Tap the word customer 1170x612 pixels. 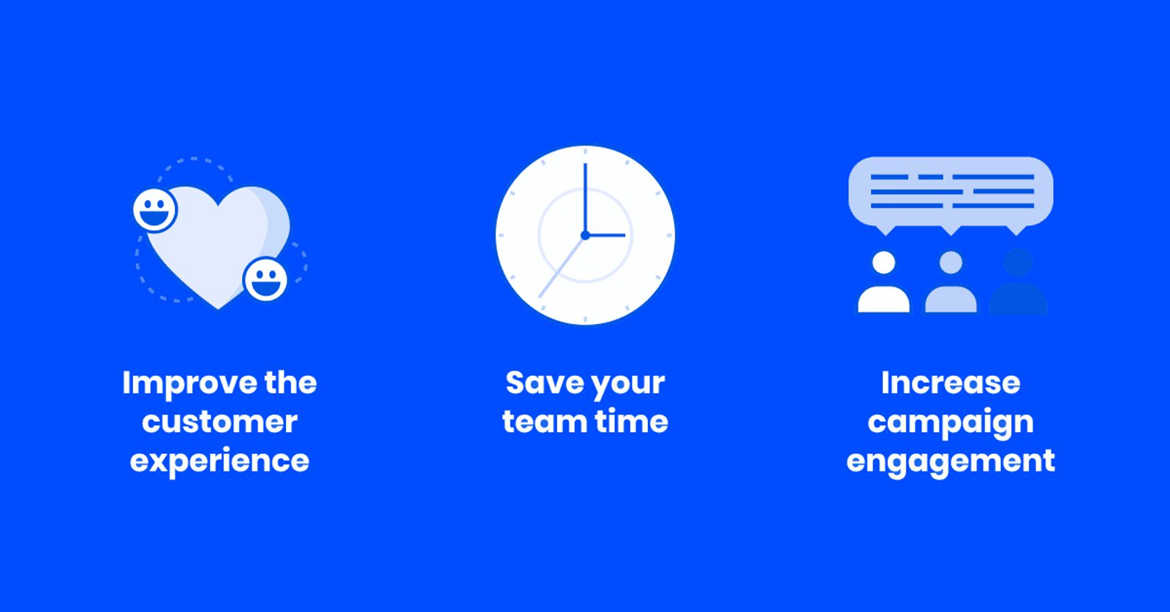point(219,421)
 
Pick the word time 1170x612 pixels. point(632,421)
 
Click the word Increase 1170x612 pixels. point(951,382)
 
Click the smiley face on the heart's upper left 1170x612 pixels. point(154,210)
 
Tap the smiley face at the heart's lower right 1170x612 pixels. point(265,280)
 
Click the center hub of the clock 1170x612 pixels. point(585,235)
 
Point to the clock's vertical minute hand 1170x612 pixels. point(585,199)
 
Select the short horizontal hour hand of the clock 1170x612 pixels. point(606,235)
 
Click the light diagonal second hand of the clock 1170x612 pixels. point(562,267)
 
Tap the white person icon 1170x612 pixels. point(884,282)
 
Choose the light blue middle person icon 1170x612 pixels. point(951,282)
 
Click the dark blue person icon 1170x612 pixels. point(1018,282)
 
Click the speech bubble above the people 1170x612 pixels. point(951,193)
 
